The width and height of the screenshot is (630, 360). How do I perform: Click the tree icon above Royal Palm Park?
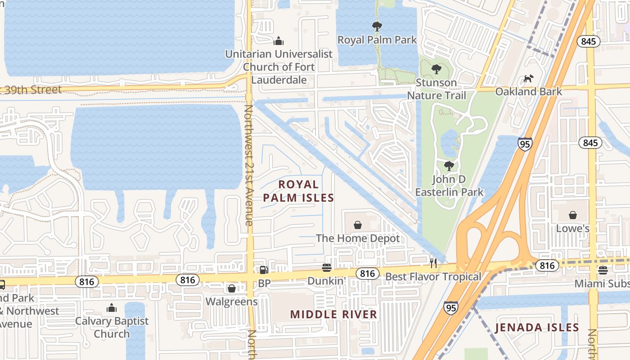[377, 27]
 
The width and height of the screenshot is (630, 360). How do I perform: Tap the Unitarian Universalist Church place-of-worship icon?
[279, 41]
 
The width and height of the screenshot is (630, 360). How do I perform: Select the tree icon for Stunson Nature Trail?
[436, 69]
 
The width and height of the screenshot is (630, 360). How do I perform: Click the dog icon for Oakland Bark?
[528, 79]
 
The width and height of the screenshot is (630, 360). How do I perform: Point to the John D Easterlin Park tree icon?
[449, 166]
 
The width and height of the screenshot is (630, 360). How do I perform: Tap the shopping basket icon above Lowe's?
[572, 215]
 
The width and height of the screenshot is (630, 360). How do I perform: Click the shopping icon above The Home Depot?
[357, 225]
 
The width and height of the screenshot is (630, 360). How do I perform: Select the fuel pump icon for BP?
[264, 270]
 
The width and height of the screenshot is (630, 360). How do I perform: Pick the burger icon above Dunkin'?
[327, 268]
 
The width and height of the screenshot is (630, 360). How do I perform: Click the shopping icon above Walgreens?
[231, 288]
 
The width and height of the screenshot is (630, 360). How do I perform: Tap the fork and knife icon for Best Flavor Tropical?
[433, 263]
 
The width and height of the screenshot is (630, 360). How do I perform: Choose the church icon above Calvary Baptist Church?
[112, 308]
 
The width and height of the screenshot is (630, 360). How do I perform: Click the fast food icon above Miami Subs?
[603, 270]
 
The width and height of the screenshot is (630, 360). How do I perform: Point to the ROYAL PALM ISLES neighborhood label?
[298, 191]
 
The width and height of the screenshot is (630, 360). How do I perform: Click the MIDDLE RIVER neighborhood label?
[333, 314]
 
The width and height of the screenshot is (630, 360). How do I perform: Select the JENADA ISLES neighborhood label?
[537, 327]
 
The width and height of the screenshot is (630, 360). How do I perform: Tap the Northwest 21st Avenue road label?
[248, 165]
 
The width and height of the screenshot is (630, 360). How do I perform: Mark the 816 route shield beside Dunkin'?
[367, 273]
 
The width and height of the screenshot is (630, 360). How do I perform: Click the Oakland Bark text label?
[528, 92]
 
